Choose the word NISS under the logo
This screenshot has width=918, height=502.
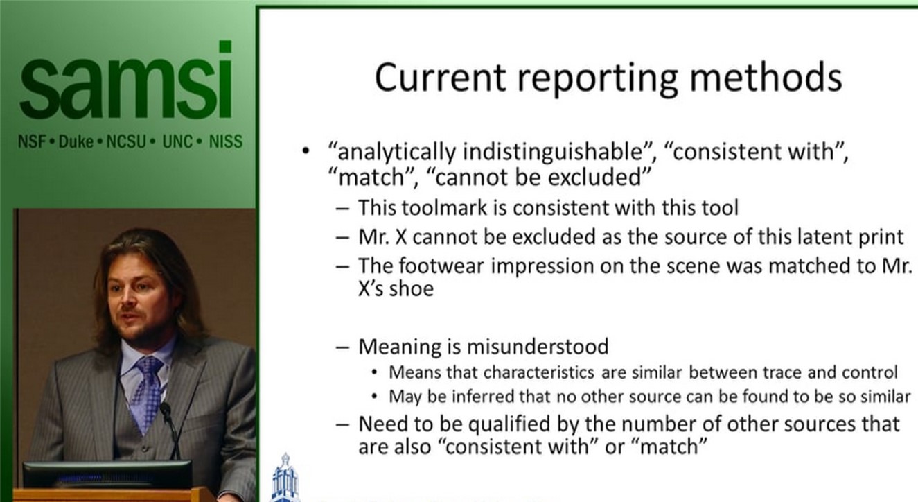(226, 142)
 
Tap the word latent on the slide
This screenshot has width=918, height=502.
(815, 237)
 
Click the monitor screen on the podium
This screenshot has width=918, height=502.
(107, 474)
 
